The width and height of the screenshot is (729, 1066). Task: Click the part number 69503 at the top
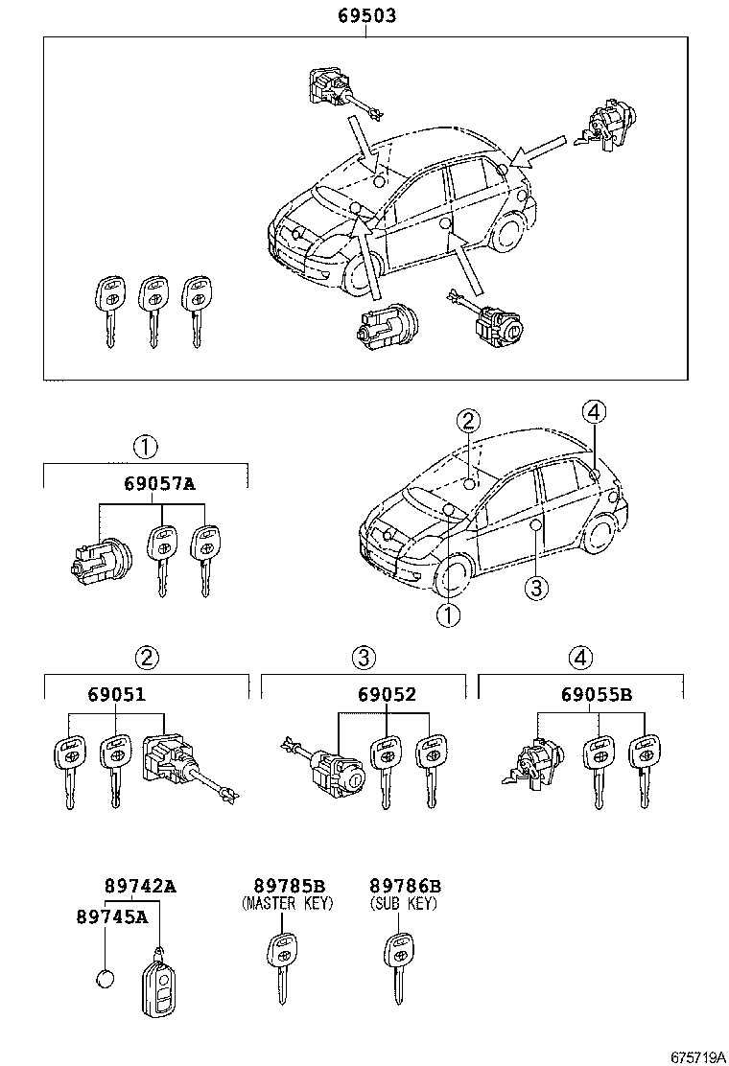pos(366,16)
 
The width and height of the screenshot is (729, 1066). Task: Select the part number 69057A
pos(158,483)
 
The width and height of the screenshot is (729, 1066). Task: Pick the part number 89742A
pos(140,886)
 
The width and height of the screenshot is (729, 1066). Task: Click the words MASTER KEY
pos(289,904)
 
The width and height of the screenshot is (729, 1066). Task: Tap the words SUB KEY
pos(404,904)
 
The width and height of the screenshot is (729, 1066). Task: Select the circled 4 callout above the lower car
pos(594,412)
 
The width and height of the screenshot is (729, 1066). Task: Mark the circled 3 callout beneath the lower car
pos(535,588)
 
